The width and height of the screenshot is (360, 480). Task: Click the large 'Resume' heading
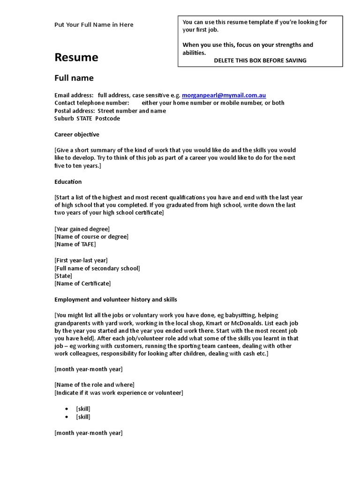click(76, 58)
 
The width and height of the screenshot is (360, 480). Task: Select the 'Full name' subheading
click(74, 78)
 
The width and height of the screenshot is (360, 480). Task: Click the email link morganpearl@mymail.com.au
click(224, 95)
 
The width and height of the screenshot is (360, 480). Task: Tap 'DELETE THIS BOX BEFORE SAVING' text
click(260, 60)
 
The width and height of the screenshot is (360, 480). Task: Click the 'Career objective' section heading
click(77, 135)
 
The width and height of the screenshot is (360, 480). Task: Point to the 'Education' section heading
click(68, 182)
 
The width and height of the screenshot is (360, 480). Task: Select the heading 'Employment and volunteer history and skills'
click(116, 300)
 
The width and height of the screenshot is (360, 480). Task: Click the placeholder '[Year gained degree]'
click(82, 229)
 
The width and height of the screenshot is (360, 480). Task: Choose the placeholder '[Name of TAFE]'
click(75, 244)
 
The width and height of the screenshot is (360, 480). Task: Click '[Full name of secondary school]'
click(97, 268)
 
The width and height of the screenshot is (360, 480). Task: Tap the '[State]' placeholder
click(63, 276)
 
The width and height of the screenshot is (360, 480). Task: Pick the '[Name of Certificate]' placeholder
click(82, 284)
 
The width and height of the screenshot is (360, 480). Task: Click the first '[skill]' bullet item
click(83, 409)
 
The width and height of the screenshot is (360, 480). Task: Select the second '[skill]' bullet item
click(83, 417)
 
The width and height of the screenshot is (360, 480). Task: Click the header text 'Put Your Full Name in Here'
click(94, 25)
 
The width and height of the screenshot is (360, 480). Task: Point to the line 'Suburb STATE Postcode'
click(87, 119)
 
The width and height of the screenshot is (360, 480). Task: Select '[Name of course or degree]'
click(91, 237)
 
